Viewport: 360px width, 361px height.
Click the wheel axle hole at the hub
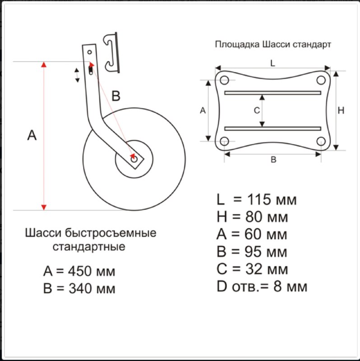(133, 159)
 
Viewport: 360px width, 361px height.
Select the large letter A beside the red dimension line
(32, 135)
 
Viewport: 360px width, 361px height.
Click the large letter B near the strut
(116, 96)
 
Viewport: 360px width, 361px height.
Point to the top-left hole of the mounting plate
(224, 80)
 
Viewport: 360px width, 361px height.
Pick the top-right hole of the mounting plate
(321, 80)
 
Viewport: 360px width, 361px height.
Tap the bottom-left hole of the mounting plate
(224, 141)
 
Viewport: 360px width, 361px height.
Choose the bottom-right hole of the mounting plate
(321, 141)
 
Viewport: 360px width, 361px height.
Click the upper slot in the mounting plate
(272, 93)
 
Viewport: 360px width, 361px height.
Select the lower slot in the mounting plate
(272, 128)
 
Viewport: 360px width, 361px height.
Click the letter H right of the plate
(341, 111)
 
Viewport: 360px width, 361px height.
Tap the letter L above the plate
(272, 64)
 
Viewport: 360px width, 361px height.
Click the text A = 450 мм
(79, 271)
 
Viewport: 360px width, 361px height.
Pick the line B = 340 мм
(79, 288)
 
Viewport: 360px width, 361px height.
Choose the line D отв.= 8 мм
(262, 286)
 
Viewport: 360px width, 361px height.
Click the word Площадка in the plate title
(236, 45)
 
